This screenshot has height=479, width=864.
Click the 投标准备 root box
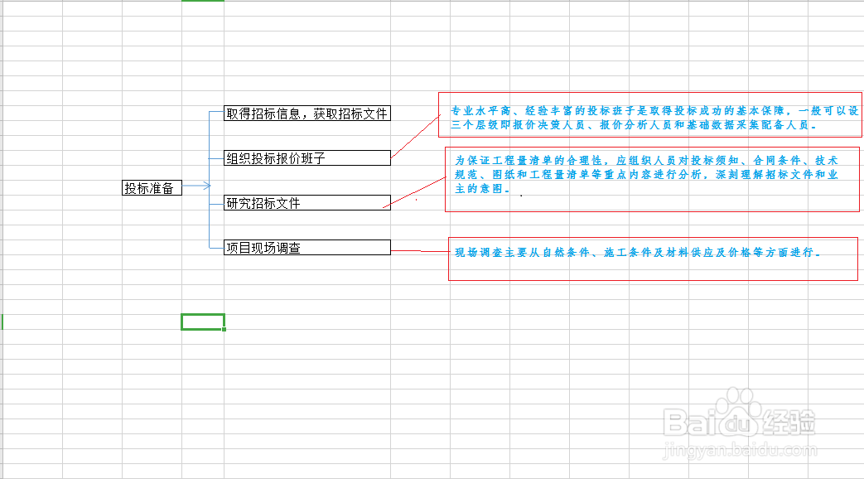(x=152, y=188)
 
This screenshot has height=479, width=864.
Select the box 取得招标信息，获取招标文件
(x=307, y=114)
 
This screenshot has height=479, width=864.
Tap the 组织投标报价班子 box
(x=307, y=157)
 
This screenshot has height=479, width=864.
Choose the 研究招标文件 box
(x=307, y=202)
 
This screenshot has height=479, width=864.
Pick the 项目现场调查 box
(x=307, y=247)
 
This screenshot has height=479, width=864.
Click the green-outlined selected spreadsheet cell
(x=202, y=322)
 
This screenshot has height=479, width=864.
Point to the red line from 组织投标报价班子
(x=414, y=135)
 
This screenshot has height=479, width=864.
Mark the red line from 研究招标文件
(x=418, y=191)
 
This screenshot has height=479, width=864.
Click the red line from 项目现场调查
(x=419, y=250)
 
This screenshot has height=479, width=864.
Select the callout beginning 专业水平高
(x=650, y=115)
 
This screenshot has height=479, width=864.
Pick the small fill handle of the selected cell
(x=224, y=329)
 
